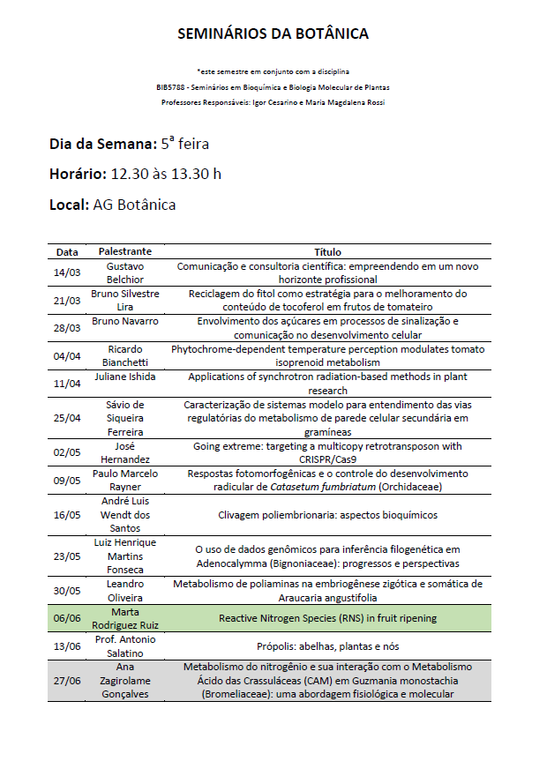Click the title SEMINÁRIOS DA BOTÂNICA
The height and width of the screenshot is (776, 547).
click(x=273, y=34)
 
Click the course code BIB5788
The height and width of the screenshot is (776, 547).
click(x=170, y=87)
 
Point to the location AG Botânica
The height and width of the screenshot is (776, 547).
click(x=134, y=205)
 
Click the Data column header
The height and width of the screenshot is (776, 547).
click(x=67, y=252)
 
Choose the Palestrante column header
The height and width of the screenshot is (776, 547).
click(x=125, y=252)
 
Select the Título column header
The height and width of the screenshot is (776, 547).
click(x=327, y=252)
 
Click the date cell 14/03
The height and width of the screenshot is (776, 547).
click(x=67, y=272)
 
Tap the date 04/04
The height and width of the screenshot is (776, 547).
click(x=67, y=357)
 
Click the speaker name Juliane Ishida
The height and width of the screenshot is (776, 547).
click(x=125, y=377)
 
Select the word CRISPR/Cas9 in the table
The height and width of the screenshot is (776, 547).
click(x=328, y=459)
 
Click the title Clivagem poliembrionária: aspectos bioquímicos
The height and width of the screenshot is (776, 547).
click(x=327, y=515)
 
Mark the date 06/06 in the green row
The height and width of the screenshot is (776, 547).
click(x=67, y=619)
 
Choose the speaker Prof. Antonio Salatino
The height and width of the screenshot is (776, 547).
click(x=125, y=646)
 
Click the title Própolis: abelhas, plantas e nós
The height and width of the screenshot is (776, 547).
click(x=327, y=646)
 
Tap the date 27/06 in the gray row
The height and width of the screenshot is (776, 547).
click(x=67, y=680)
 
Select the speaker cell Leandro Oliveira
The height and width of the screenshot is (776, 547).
click(x=125, y=591)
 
